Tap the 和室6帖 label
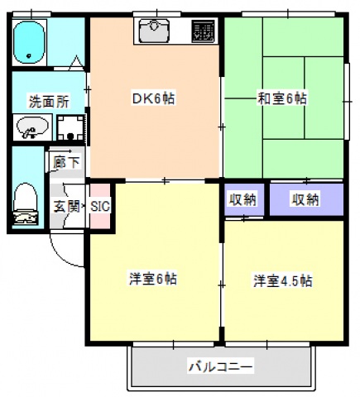(x=282, y=98)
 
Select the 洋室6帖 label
(x=152, y=278)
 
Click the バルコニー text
(x=220, y=366)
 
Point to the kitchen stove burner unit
(x=203, y=31)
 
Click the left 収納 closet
(x=242, y=199)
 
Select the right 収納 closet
(x=305, y=199)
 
